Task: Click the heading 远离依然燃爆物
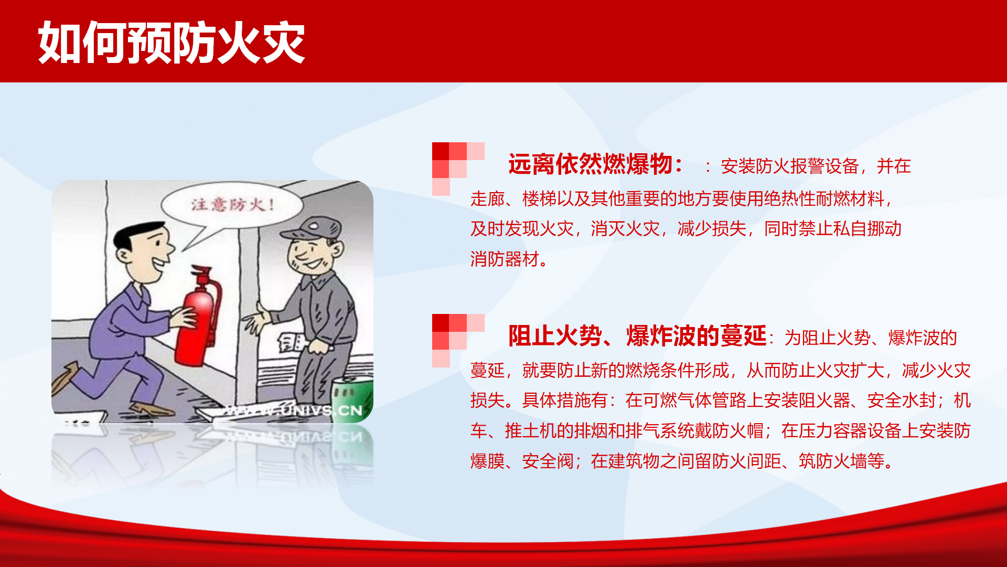click(x=590, y=164)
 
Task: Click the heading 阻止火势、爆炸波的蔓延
click(x=637, y=336)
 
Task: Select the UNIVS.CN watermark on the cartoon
click(x=294, y=410)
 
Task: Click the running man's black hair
click(x=137, y=235)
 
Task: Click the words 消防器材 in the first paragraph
click(x=505, y=259)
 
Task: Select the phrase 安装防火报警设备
click(x=789, y=166)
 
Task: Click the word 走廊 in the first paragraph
click(x=487, y=199)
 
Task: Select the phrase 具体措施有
click(x=565, y=401)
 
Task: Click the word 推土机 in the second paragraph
click(x=530, y=431)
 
